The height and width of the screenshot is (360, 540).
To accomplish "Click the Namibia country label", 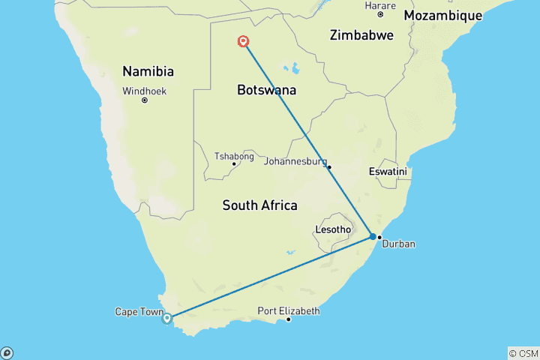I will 148,72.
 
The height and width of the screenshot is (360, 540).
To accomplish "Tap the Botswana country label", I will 266,90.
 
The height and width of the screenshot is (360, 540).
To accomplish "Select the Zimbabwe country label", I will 362,34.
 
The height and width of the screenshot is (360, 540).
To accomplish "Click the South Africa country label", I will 259,205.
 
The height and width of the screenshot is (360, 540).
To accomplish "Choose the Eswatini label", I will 388,172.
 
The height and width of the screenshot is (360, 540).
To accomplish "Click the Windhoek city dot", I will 144,100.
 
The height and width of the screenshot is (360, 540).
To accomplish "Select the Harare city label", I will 379,5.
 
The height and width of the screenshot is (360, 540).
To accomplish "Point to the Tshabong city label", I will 234,156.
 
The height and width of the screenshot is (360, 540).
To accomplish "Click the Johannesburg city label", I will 295,160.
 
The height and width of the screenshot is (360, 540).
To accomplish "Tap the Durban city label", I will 398,244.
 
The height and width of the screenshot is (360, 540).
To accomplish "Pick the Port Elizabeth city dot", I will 289,320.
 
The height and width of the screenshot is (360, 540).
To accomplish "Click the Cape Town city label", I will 139,311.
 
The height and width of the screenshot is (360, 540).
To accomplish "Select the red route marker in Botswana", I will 244,42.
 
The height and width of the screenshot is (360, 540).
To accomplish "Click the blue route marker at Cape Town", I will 167,318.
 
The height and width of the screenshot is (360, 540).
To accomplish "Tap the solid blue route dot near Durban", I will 373,237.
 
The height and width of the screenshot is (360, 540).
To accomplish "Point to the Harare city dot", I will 380,14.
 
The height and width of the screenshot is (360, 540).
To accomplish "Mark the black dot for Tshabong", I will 234,164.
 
